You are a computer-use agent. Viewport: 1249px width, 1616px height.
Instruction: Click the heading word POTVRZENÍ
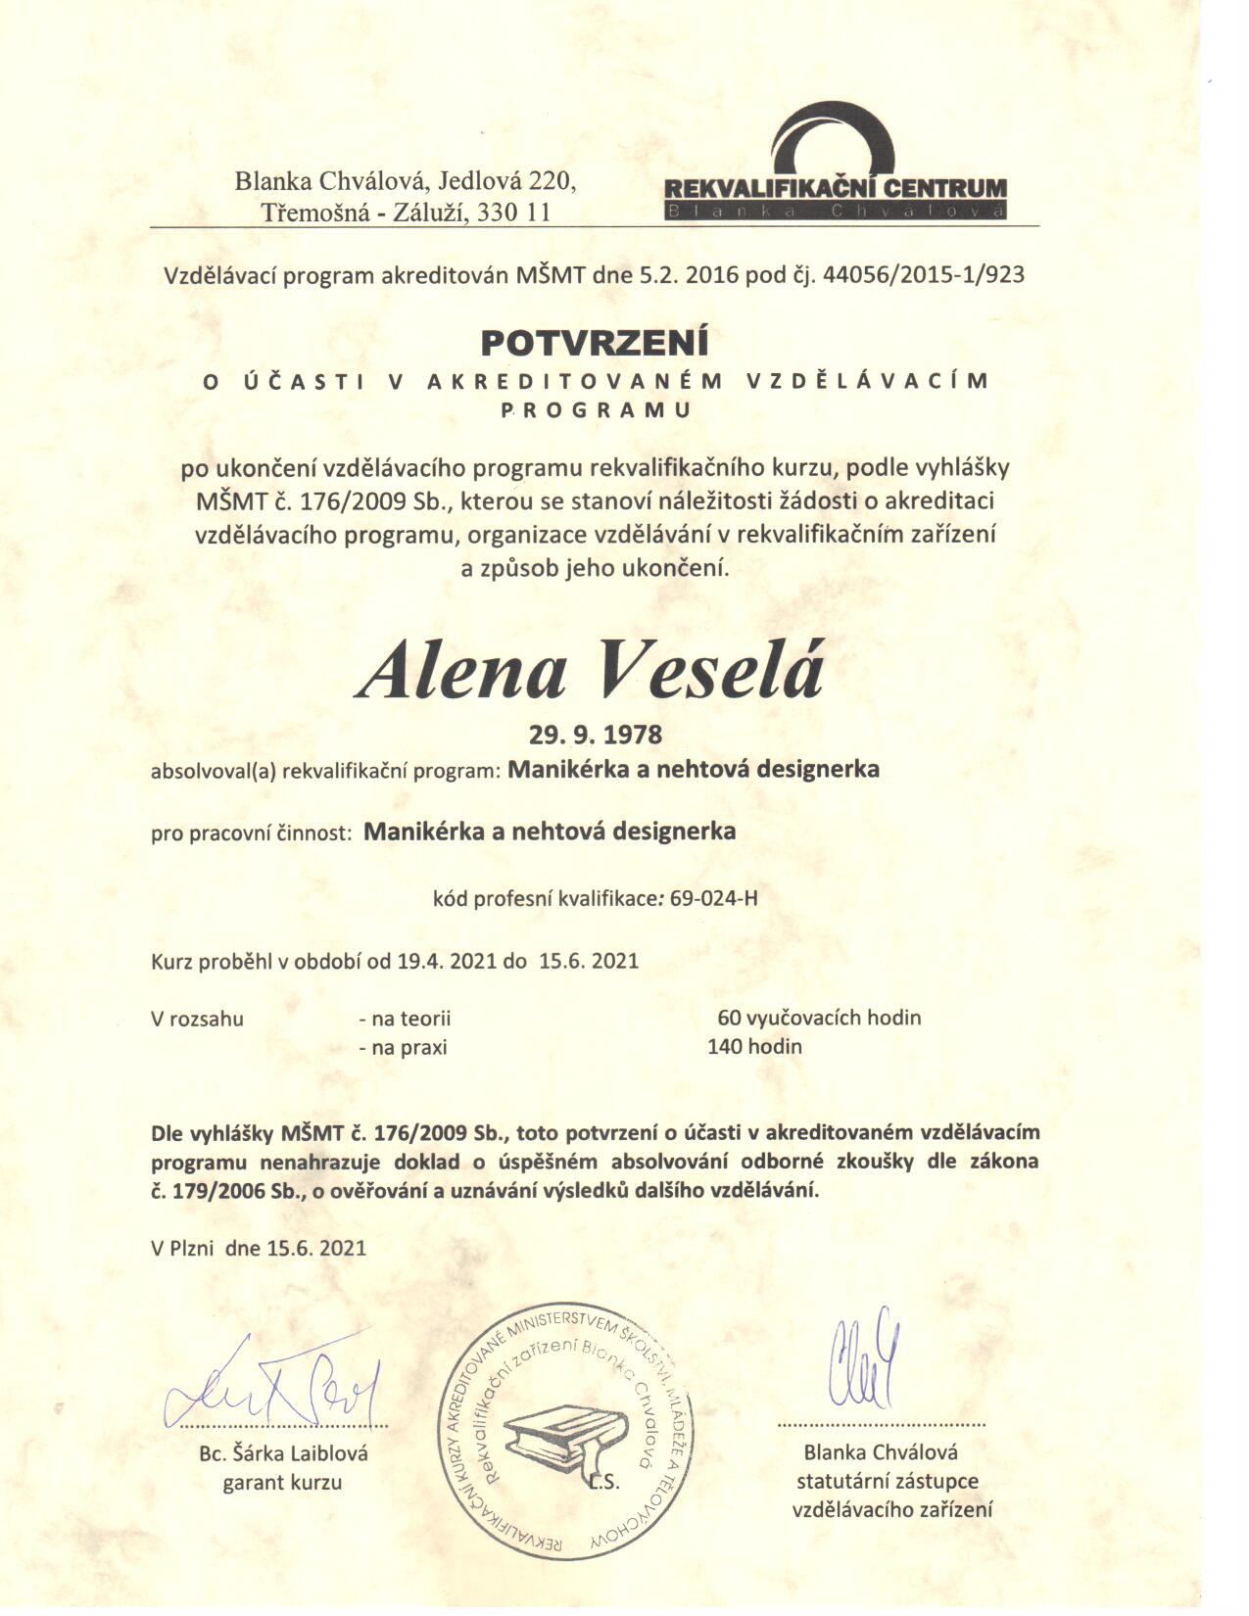[594, 343]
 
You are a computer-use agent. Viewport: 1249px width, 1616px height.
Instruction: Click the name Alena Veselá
[591, 672]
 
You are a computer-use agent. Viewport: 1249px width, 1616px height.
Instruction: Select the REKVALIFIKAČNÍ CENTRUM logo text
[835, 188]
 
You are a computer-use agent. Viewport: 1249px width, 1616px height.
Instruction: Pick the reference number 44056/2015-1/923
[925, 274]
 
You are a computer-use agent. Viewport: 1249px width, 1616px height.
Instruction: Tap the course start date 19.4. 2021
[448, 961]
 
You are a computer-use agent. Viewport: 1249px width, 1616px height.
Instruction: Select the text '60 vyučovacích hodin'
[819, 1018]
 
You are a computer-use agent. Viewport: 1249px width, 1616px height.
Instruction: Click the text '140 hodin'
[754, 1047]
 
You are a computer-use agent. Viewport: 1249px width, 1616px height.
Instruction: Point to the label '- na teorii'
[405, 1019]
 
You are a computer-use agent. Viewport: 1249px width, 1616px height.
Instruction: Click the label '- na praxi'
[403, 1048]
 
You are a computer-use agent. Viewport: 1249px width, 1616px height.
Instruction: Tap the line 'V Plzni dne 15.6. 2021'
[259, 1248]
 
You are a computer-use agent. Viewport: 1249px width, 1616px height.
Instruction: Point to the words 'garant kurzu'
[282, 1482]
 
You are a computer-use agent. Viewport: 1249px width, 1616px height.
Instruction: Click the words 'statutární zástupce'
[888, 1481]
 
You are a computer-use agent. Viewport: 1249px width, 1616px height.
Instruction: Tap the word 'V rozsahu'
[197, 1019]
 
